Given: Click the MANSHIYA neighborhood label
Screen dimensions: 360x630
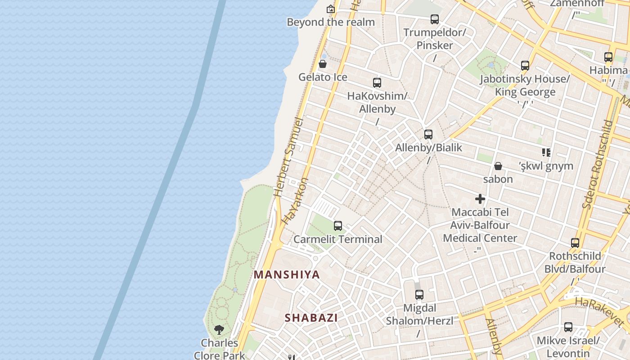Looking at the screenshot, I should (x=287, y=274).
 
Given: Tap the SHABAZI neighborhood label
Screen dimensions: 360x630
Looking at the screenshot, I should (x=311, y=318).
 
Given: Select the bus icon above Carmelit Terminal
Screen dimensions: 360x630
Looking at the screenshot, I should (x=338, y=226).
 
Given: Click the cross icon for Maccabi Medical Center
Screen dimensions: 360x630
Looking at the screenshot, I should (x=480, y=198).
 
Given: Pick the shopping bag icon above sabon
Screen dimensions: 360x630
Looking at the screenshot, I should (x=498, y=166).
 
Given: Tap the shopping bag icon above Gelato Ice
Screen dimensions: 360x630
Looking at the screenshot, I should (x=323, y=64).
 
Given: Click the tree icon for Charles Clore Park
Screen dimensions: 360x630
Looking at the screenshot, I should (x=219, y=330).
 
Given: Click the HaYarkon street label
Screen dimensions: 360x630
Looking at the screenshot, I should (x=296, y=201).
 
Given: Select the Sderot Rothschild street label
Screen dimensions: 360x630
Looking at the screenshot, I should (x=597, y=164).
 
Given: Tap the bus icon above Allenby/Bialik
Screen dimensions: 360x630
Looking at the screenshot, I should (x=428, y=134).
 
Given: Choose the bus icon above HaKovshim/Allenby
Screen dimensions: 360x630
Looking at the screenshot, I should (x=377, y=83).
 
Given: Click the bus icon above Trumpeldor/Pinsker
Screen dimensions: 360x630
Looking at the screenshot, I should (x=435, y=19).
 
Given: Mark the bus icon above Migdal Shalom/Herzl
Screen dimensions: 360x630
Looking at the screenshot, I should (x=419, y=295).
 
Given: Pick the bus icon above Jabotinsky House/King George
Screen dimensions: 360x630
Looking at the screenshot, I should (x=525, y=66).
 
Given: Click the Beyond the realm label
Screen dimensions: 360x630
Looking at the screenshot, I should (x=331, y=22).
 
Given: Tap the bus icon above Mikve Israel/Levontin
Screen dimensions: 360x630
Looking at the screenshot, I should (x=568, y=327).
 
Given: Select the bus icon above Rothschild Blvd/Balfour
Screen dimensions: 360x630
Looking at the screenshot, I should (x=575, y=243).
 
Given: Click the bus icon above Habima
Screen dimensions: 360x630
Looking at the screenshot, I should (x=608, y=57).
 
